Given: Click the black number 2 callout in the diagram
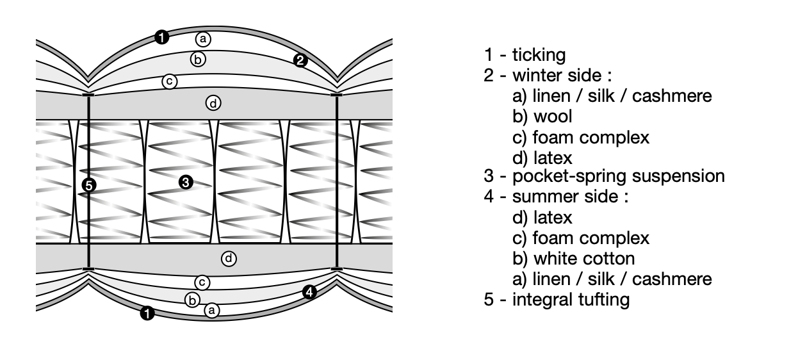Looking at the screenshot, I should [300, 61].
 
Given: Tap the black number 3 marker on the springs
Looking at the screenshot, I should [185, 183].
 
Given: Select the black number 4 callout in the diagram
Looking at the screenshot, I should [309, 292].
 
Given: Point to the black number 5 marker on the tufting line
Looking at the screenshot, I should [89, 186].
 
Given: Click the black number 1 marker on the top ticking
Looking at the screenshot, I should [162, 38].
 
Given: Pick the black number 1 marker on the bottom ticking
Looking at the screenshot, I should [147, 314].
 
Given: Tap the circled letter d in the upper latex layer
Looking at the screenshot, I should [213, 102].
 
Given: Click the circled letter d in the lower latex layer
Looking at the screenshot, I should [229, 259].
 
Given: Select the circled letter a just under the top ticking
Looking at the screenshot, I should [203, 39].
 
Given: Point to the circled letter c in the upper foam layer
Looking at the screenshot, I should [169, 81].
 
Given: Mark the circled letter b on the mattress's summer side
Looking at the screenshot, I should [191, 299].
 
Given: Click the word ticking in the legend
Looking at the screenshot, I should [539, 55].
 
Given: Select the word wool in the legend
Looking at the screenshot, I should [553, 117].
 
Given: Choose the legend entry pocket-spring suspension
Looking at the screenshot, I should [618, 176].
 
